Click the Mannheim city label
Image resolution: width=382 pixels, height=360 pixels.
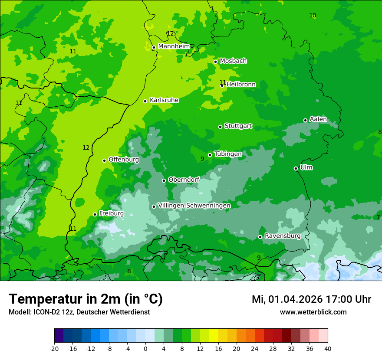coord(174,46)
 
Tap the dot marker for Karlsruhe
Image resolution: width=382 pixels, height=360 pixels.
coord(145,101)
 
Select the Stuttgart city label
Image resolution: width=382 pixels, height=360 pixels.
coord(238,126)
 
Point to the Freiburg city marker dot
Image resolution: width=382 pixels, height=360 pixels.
coord(95,214)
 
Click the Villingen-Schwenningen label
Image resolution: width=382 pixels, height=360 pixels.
coord(194,206)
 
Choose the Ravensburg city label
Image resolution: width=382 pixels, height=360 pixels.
coord(282,236)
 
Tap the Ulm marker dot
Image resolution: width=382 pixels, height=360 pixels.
coord(296,168)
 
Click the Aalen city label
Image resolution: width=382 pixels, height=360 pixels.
coord(318,119)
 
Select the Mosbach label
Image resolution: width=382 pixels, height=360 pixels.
coord(233,61)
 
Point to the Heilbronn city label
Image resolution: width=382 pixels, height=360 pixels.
coord(241,85)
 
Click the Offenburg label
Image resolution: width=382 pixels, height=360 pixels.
coord(124,160)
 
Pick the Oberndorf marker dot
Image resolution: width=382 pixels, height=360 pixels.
coord(164,180)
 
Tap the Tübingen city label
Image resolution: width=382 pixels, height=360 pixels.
coord(227,154)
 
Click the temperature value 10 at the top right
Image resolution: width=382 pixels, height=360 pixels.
coord(313,16)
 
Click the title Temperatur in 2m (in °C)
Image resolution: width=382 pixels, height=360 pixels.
coord(86,299)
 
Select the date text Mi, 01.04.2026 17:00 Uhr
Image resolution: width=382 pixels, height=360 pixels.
coord(311,299)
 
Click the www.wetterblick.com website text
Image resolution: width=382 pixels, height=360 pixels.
coord(313,312)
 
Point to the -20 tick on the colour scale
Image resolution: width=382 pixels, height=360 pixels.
coord(54,349)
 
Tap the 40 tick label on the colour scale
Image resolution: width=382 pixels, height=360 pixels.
coord(328,349)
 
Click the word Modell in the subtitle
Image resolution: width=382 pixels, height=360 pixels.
coord(19,312)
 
